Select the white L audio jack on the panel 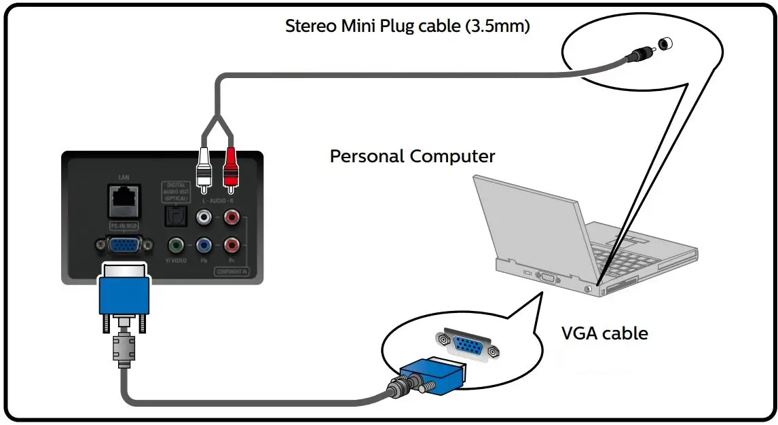pos(203,218)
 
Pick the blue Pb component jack pos(203,245)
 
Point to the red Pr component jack pos(231,245)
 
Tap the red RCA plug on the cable pos(230,167)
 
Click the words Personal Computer pos(412,156)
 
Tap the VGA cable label pos(604,333)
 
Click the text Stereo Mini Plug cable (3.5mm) pos(407,26)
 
